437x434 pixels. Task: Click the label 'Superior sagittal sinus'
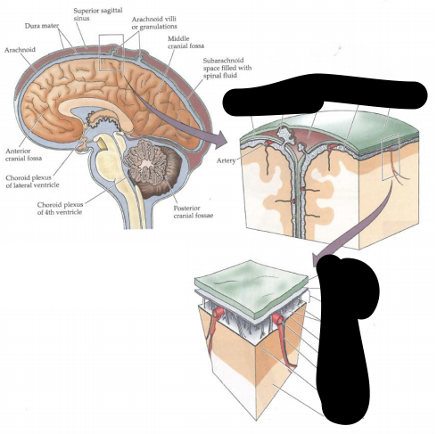tap(98, 14)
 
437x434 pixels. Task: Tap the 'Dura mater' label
tap(42, 26)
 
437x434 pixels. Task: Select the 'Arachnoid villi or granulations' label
tap(154, 22)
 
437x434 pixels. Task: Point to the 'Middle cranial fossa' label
tap(186, 42)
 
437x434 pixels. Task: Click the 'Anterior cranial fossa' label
tap(24, 154)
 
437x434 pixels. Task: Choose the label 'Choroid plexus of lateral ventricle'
tap(32, 181)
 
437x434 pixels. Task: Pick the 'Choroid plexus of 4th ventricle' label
tap(60, 209)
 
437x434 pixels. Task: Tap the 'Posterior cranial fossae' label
tap(194, 212)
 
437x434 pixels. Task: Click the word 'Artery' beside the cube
tap(226, 160)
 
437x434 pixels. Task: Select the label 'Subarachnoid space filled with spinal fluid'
tap(227, 68)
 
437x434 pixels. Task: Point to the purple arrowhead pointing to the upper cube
tap(219, 138)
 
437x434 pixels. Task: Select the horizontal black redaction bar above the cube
tap(324, 94)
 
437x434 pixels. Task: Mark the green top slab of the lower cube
tap(251, 285)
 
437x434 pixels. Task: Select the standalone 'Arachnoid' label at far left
tap(20, 50)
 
